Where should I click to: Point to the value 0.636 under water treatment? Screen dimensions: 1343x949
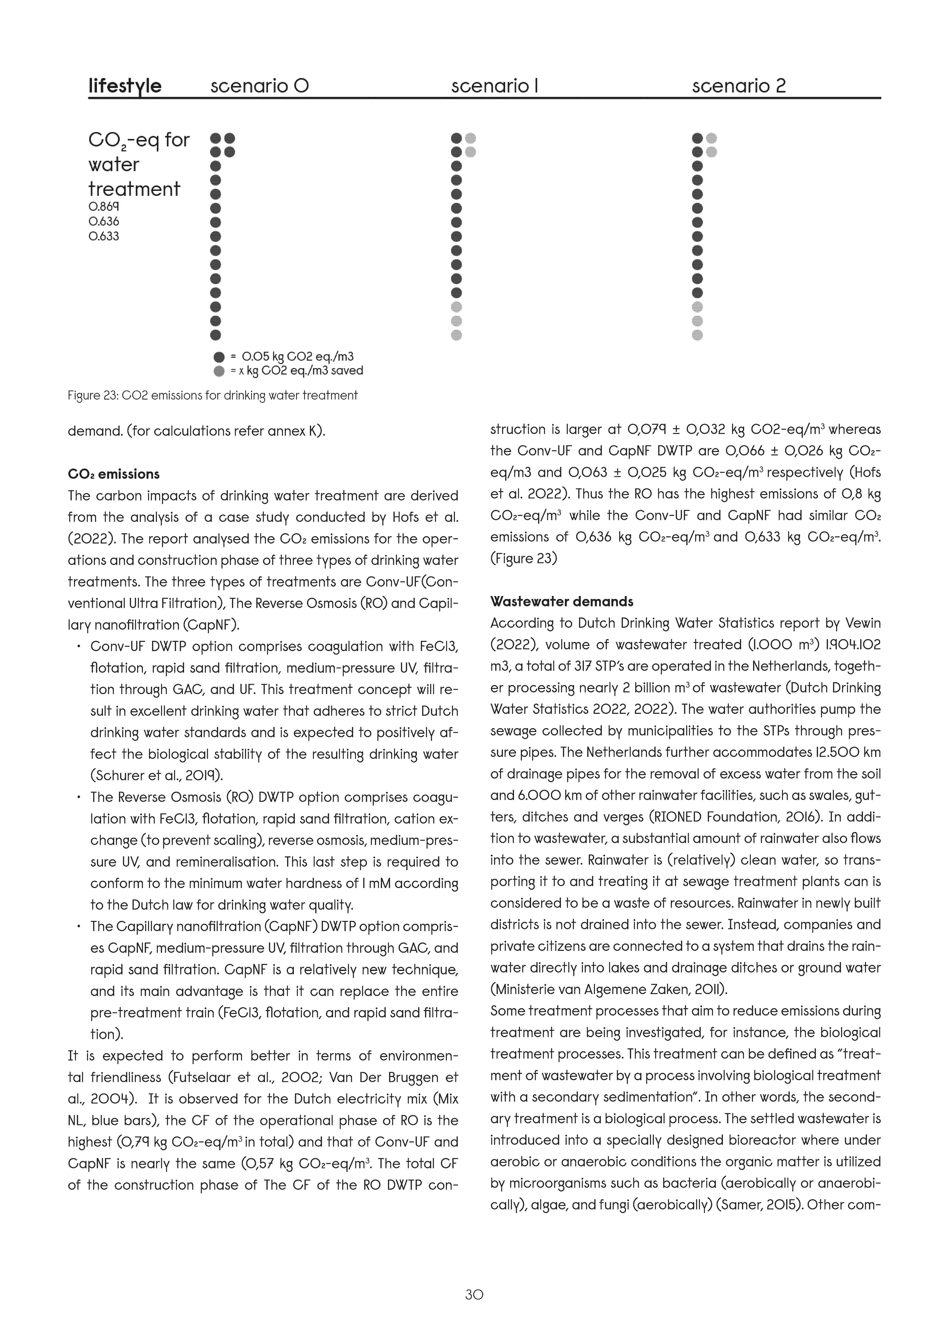pos(104,222)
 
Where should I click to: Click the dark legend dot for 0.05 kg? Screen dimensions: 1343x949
pos(219,357)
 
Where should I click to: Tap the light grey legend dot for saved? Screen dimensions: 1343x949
pos(219,371)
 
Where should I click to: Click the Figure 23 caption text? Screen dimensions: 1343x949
pos(212,396)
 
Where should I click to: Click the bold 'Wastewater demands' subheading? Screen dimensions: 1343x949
pos(561,602)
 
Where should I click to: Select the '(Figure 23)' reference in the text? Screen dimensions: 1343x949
pos(523,559)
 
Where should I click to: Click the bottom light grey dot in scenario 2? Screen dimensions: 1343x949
pos(697,335)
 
